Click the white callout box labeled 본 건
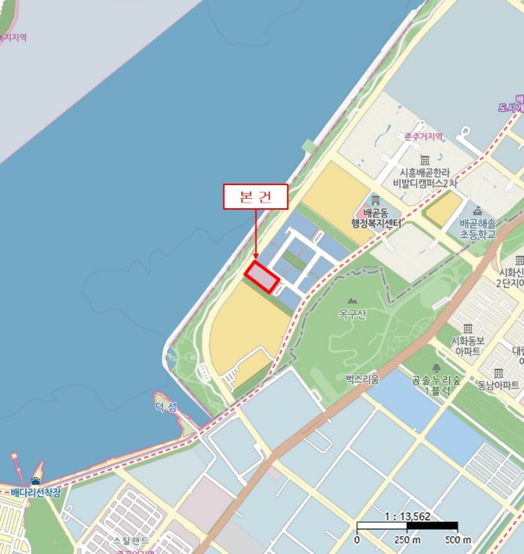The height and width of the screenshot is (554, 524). (x=255, y=197)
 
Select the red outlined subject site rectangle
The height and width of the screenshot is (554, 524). (x=262, y=276)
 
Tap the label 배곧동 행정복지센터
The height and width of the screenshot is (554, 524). (x=376, y=218)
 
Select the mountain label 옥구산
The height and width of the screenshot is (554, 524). (x=352, y=314)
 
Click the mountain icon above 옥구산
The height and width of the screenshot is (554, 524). (x=352, y=300)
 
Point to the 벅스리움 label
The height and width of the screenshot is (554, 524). (x=362, y=379)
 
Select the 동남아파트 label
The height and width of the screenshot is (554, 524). (x=499, y=386)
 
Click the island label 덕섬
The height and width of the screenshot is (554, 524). (x=166, y=406)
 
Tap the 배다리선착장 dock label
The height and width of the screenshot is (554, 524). (x=35, y=493)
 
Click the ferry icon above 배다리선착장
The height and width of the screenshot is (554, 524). (x=34, y=480)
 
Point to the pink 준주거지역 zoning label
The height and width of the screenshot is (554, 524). (x=424, y=136)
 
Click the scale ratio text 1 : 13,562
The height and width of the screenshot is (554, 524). (x=406, y=517)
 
